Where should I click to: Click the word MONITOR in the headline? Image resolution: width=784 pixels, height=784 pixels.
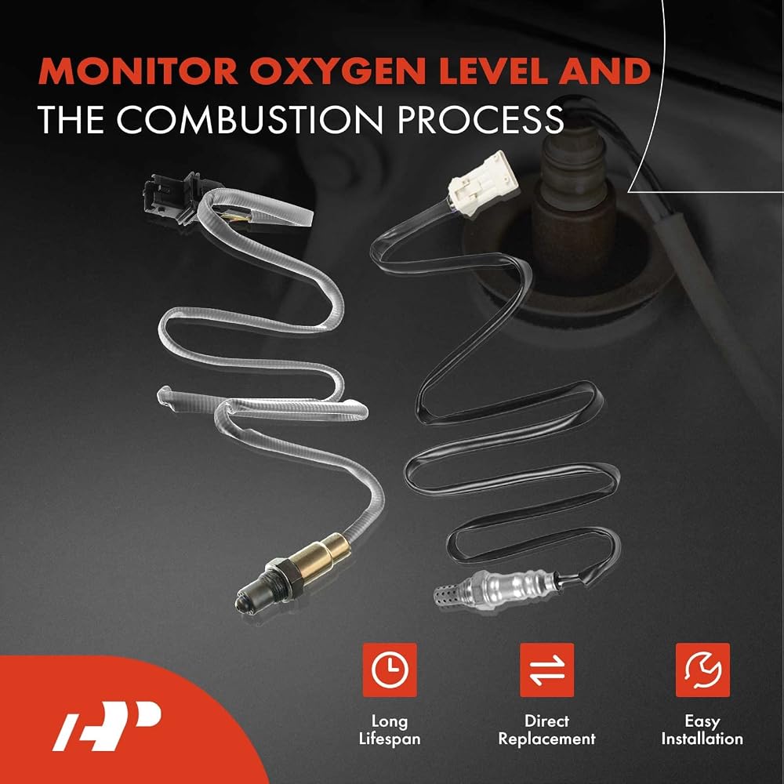pyautogui.click(x=137, y=71)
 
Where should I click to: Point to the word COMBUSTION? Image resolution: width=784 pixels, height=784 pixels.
pyautogui.click(x=252, y=119)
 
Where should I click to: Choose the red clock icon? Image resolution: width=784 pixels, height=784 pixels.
pyautogui.click(x=390, y=670)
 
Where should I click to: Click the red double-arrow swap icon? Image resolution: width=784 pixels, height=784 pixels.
pyautogui.click(x=546, y=670)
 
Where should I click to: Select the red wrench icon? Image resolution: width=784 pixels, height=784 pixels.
pyautogui.click(x=702, y=670)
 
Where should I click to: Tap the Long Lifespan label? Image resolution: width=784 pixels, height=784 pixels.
pyautogui.click(x=390, y=730)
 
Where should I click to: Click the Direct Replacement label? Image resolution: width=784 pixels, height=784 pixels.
pyautogui.click(x=546, y=730)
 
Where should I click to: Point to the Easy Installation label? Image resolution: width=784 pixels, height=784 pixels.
pyautogui.click(x=702, y=730)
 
